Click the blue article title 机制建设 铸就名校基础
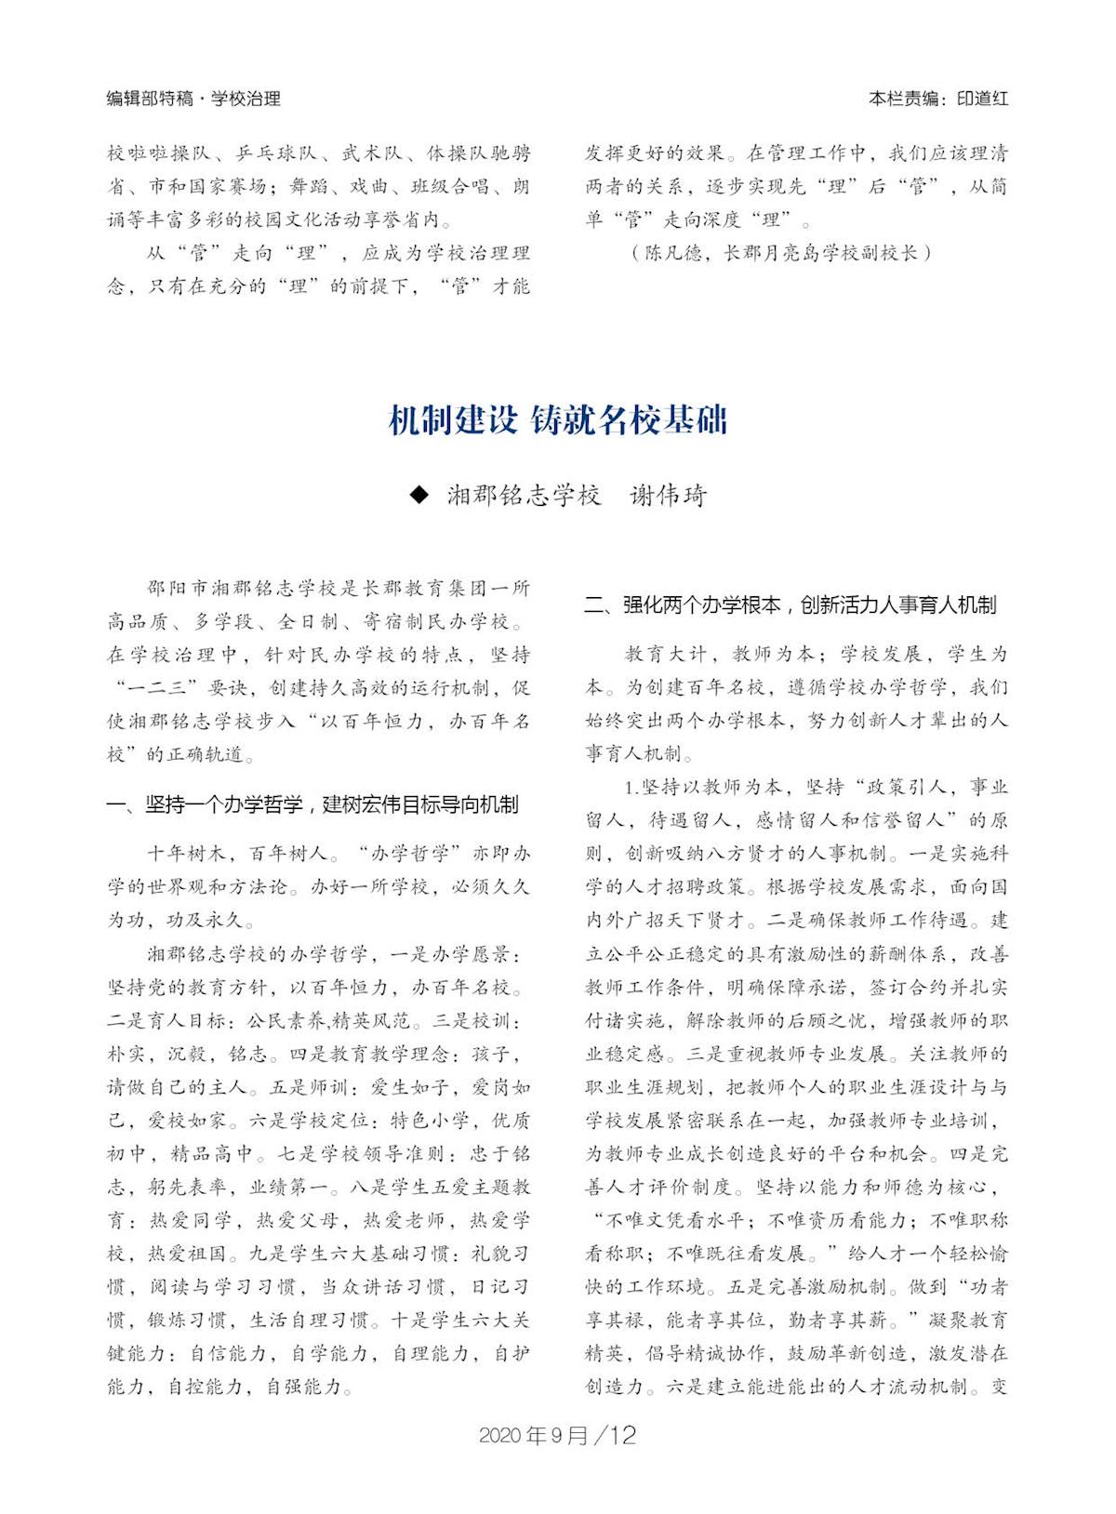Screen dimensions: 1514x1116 coord(557,421)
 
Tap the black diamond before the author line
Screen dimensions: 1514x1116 coord(420,495)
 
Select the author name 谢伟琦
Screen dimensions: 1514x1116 coord(668,495)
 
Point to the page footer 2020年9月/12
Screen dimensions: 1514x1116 coord(557,1435)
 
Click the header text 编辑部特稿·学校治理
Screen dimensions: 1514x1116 coord(193,99)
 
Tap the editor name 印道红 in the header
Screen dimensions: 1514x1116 coord(982,99)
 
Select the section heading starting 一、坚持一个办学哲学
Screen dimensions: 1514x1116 coord(312,805)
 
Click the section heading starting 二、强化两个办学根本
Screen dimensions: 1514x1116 coord(790,605)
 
